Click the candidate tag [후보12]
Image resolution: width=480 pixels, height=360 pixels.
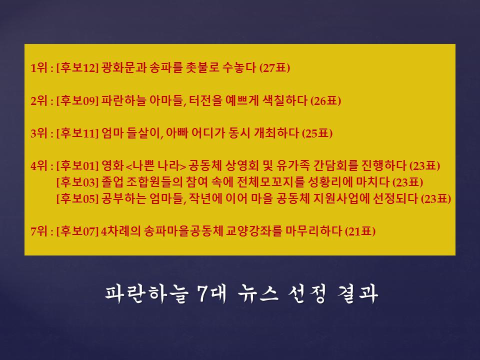tap(77, 68)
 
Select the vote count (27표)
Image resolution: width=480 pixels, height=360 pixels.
tap(274, 68)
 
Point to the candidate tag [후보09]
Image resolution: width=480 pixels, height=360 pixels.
tap(77, 101)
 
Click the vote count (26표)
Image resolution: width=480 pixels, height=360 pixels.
tap(325, 101)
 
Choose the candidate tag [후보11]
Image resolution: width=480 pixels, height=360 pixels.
tap(77, 133)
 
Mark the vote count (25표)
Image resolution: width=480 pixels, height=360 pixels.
tap(317, 133)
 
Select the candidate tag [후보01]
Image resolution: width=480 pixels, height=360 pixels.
tap(77, 166)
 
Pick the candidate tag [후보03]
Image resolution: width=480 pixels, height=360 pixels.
tap(77, 182)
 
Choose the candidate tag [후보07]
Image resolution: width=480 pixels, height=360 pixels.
tap(77, 231)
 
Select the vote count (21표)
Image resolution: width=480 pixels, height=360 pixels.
tap(360, 231)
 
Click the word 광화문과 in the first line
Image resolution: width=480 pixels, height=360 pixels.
tap(122, 68)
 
